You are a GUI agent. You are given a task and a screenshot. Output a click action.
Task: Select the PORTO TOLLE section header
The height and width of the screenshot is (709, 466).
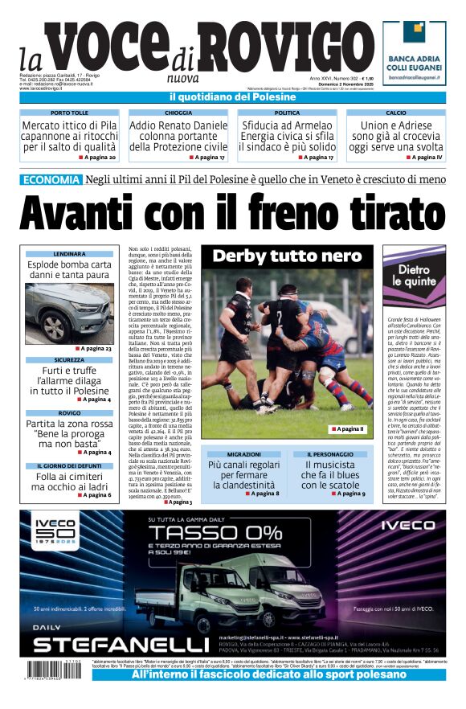[70, 113]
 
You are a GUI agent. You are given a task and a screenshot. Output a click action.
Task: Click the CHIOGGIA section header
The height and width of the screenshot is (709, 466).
[178, 113]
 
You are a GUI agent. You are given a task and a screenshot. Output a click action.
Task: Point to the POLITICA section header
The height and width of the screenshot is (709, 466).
[287, 113]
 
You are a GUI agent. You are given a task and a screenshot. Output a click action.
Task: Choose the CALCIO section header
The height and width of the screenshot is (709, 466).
[395, 113]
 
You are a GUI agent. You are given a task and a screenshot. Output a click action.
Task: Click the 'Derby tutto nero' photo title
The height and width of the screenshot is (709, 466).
[287, 256]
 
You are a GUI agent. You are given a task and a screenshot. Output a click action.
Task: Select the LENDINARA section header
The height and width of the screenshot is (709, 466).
[69, 254]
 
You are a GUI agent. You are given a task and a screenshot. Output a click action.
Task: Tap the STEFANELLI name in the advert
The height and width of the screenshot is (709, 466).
[121, 645]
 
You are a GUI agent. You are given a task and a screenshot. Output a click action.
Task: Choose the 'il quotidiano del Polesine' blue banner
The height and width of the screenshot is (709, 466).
[232, 97]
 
